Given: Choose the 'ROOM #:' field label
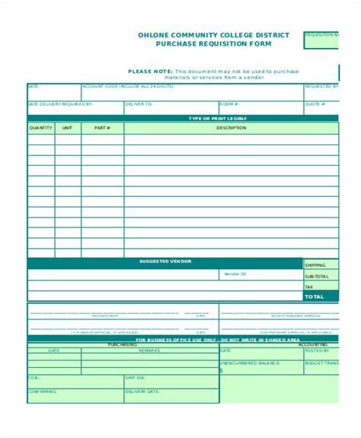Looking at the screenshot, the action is click(228, 103).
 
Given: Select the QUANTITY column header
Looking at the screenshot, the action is click(40, 128).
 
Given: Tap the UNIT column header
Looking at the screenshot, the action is click(67, 128).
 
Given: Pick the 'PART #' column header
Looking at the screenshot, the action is click(101, 128).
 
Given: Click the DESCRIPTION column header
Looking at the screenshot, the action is click(230, 128).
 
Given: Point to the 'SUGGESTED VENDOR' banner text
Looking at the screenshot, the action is click(165, 262).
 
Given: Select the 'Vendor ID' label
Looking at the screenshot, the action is click(235, 274).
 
